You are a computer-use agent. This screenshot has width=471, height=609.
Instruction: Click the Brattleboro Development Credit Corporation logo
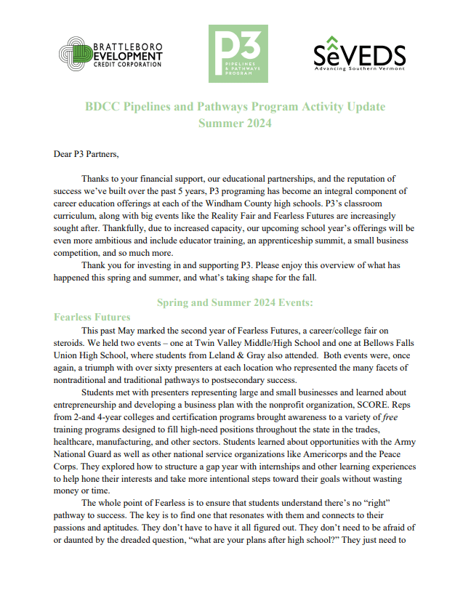click(111, 54)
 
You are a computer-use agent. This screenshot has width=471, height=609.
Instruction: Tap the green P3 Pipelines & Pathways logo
click(238, 54)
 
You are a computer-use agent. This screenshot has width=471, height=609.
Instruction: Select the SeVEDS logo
click(359, 53)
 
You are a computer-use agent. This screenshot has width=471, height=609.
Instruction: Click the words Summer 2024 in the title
click(235, 123)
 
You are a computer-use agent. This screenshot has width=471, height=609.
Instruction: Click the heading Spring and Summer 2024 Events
click(235, 302)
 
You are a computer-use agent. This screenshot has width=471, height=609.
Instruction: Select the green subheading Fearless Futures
click(92, 317)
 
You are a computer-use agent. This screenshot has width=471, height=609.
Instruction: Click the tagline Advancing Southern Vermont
click(359, 69)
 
